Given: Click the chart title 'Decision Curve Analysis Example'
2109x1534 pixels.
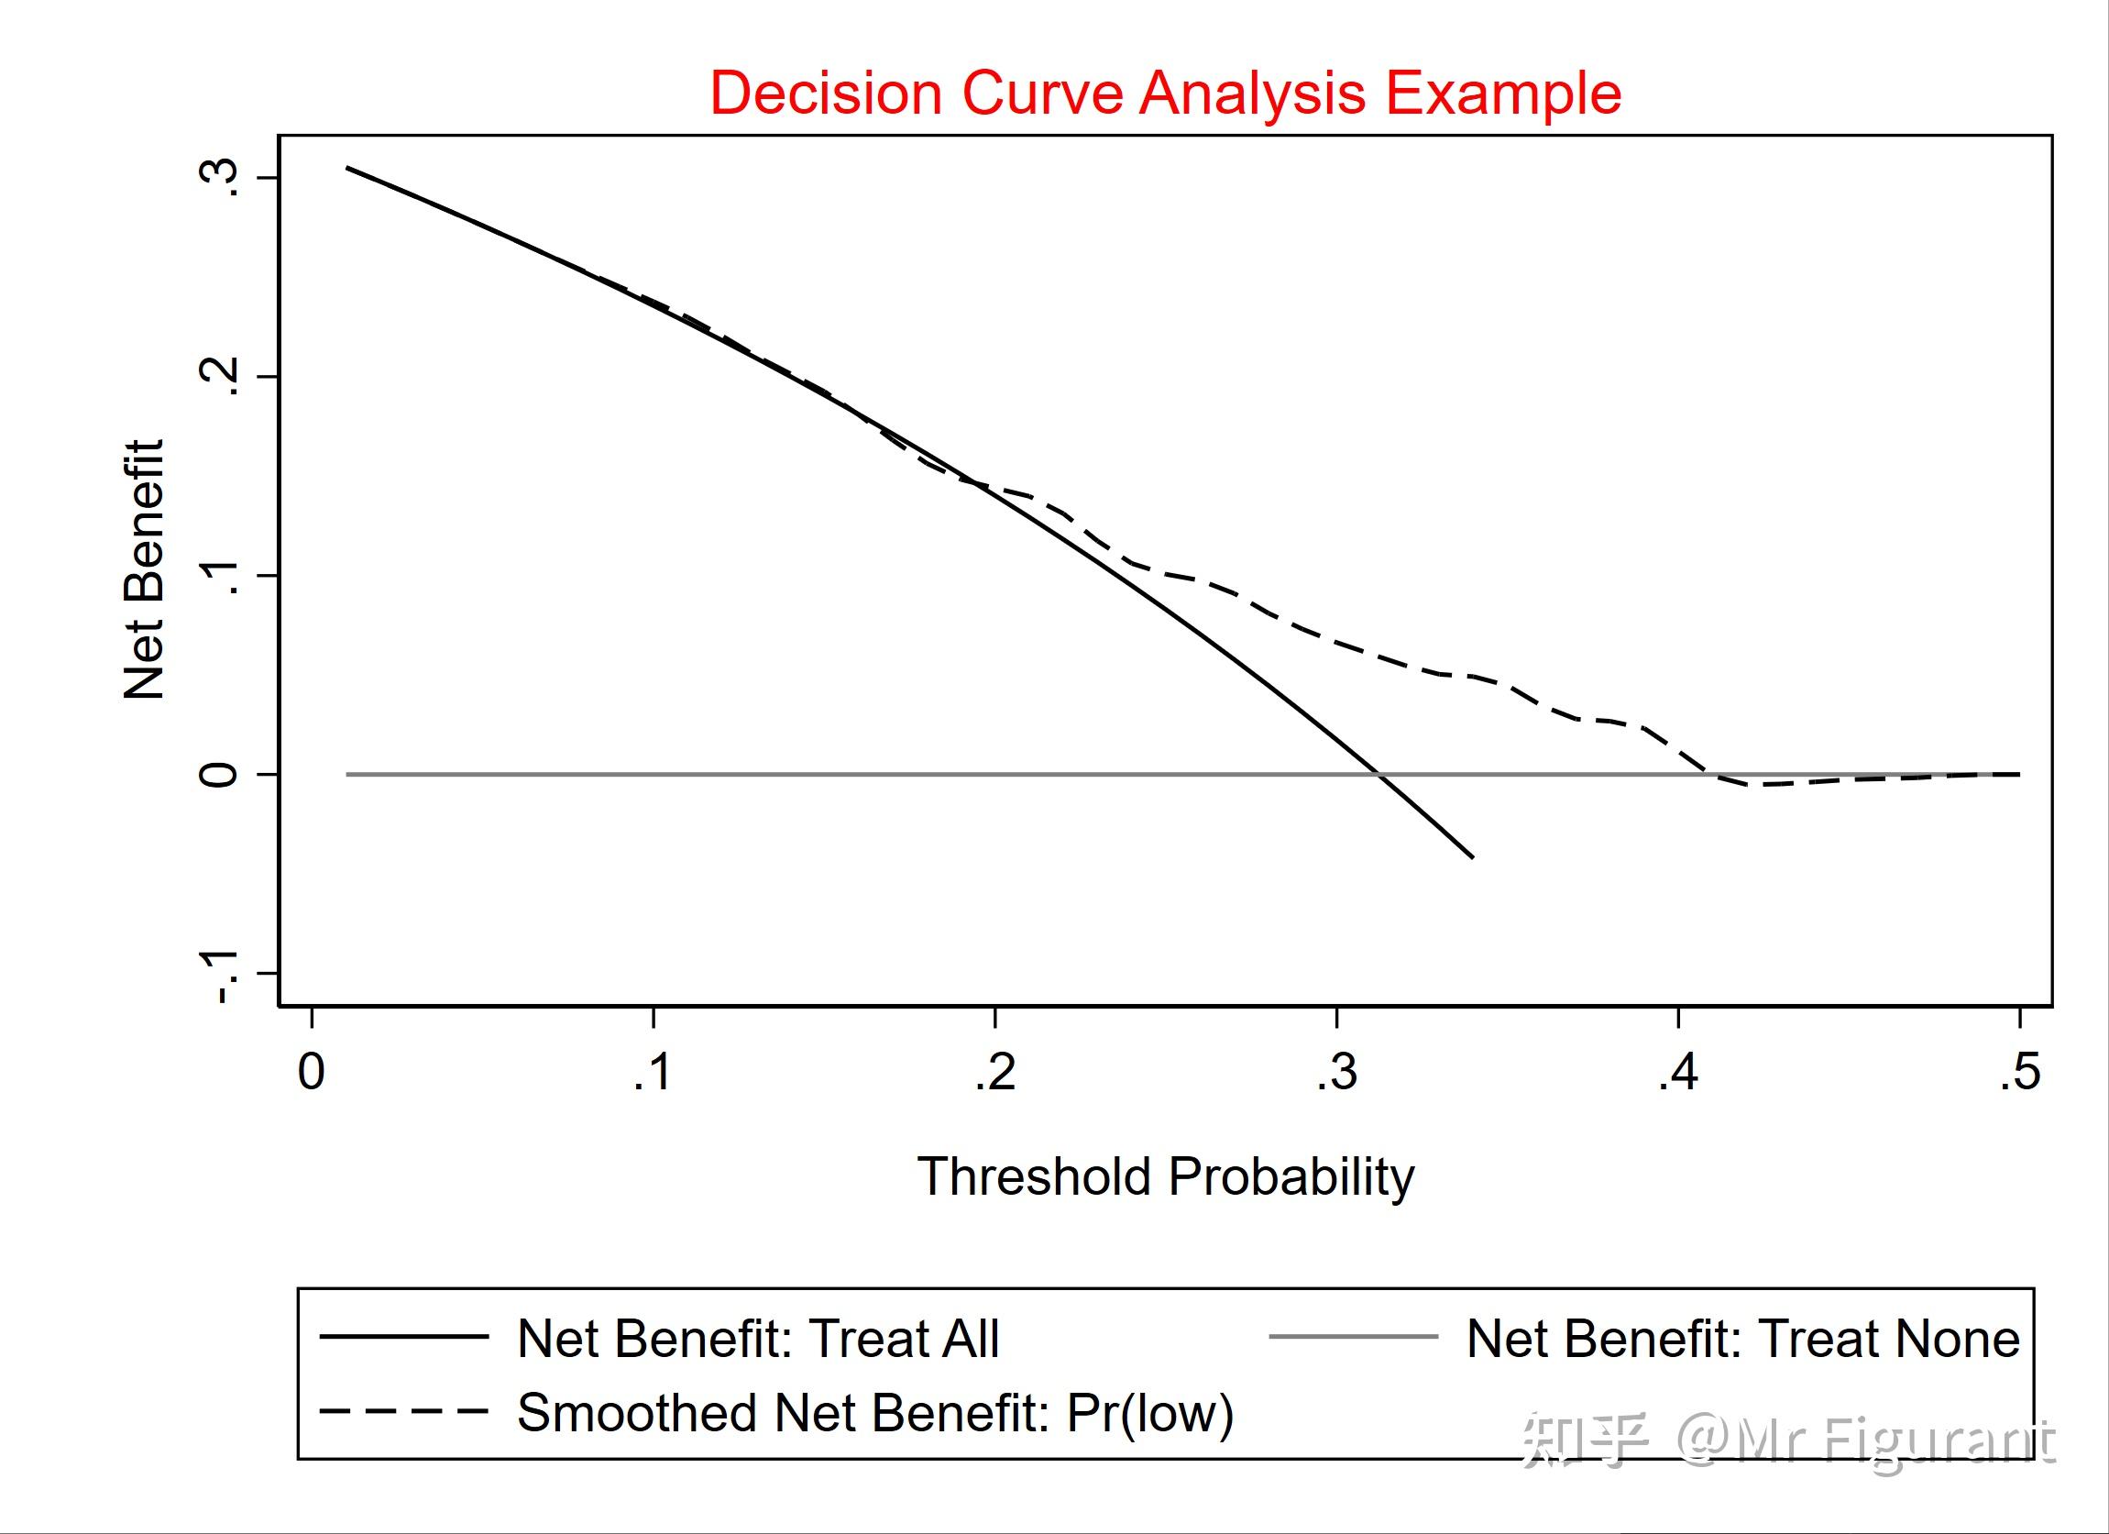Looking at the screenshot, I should point(1165,93).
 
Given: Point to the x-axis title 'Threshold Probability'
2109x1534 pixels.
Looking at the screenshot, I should point(1165,1176).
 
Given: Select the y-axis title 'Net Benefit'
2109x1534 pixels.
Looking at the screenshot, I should point(145,569).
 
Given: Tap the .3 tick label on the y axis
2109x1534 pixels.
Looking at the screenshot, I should point(219,177).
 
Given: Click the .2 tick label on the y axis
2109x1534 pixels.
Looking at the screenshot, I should point(219,376).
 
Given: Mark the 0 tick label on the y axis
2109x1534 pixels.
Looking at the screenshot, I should point(219,774).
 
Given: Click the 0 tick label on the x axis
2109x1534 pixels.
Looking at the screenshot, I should point(311,1072).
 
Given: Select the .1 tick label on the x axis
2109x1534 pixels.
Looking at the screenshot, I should point(653,1072).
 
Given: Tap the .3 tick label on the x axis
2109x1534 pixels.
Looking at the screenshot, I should point(1336,1072).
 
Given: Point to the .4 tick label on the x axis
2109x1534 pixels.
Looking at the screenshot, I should point(1677,1072).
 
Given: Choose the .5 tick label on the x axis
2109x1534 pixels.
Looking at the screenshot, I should point(2020,1072).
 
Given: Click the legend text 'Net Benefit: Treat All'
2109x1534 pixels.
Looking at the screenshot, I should point(758,1339).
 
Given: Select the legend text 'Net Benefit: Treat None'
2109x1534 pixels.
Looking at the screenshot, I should point(1742,1339).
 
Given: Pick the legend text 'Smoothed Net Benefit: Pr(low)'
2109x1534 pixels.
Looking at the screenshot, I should point(875,1412).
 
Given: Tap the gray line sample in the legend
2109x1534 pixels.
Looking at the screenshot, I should point(1353,1337).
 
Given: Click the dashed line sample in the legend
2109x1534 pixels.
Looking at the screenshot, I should point(403,1411).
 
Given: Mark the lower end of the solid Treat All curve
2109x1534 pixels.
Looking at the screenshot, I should point(1472,856).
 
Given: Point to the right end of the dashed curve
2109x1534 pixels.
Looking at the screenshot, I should point(2019,774).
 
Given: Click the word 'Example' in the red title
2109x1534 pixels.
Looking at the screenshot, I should point(1504,93).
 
